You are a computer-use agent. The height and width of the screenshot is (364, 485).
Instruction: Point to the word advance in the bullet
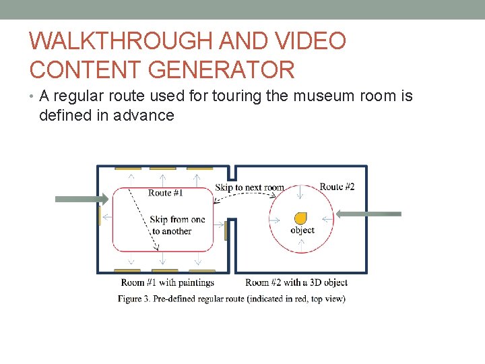pyautogui.click(x=142, y=115)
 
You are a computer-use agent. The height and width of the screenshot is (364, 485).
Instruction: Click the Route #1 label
pyautogui.click(x=166, y=193)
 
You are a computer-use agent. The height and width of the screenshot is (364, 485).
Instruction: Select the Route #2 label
pyautogui.click(x=337, y=187)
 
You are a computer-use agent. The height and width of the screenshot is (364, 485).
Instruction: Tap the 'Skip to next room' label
pyautogui.click(x=249, y=187)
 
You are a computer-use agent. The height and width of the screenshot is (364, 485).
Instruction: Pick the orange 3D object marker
pyautogui.click(x=301, y=218)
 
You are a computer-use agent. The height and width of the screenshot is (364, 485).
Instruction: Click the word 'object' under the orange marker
pyautogui.click(x=302, y=231)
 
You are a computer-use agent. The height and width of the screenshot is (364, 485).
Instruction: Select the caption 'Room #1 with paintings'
pyautogui.click(x=168, y=282)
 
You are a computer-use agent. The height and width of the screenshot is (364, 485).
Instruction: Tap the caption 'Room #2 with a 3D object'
pyautogui.click(x=296, y=282)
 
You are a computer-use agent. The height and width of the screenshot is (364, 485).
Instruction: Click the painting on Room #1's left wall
pyautogui.click(x=100, y=216)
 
